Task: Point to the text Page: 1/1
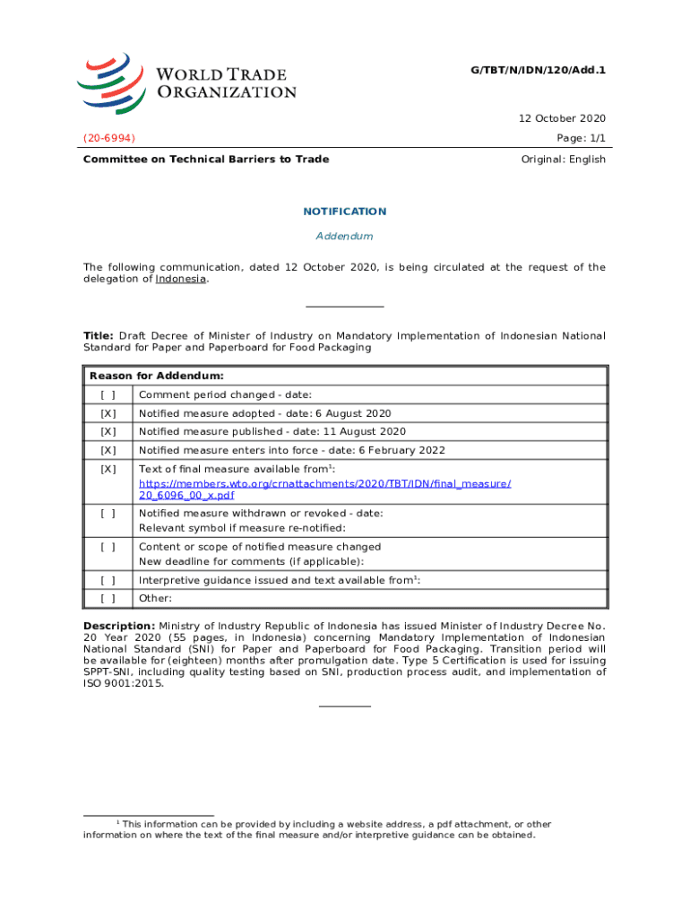[581, 138]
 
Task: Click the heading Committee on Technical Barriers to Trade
[206, 160]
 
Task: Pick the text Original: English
[563, 160]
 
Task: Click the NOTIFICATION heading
[345, 212]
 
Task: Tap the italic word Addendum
[345, 237]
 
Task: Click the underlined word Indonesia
[182, 280]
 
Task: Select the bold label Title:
[99, 336]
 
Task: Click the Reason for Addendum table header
[157, 376]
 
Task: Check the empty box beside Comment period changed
[108, 395]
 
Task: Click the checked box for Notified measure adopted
[108, 413]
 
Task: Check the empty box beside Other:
[108, 599]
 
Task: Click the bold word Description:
[119, 626]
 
